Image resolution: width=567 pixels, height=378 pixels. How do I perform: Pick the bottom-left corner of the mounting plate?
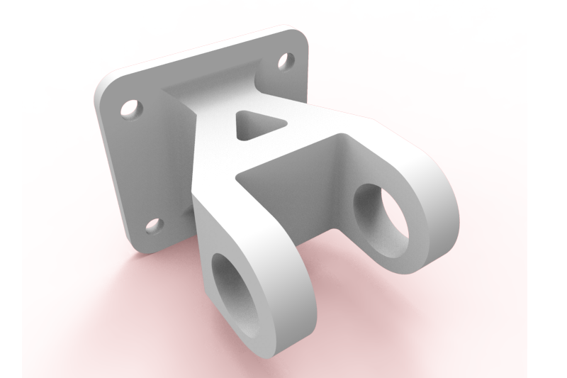point(135,248)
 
